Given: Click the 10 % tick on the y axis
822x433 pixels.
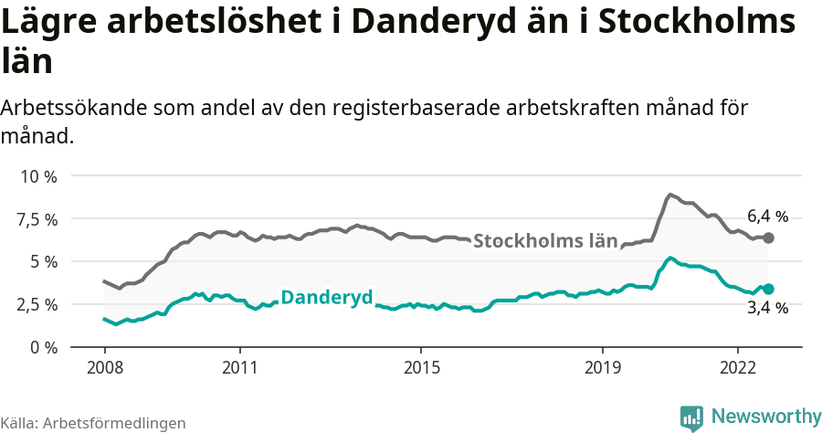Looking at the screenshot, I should pos(37,175).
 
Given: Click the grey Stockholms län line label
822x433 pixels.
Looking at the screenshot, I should pos(545,242).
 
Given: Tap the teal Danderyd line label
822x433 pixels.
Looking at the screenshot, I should pos(326,297).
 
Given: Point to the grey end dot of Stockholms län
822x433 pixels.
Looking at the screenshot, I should pos(769,238).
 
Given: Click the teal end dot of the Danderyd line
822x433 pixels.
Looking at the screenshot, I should pos(769,289).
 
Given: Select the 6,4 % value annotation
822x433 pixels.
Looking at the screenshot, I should pos(767,216).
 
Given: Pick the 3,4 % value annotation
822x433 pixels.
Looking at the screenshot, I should pos(767,309).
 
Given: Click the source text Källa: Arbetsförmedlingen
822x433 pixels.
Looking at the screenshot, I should pos(93,423).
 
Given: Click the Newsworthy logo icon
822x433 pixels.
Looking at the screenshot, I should pos(691,417).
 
